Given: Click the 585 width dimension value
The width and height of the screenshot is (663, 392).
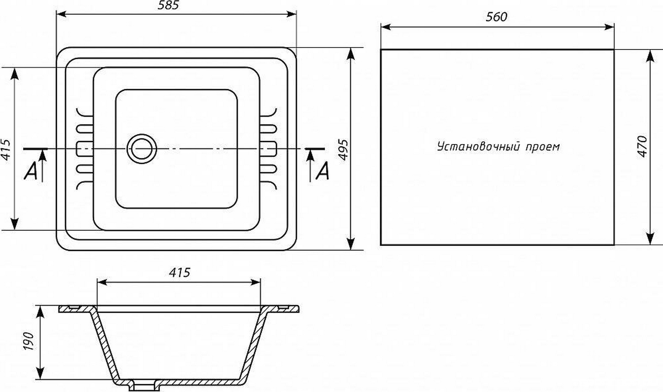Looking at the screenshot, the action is [x=168, y=5].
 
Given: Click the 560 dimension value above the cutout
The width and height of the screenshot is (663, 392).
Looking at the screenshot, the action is [x=496, y=17].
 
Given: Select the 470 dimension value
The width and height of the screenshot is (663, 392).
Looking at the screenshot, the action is [x=643, y=147].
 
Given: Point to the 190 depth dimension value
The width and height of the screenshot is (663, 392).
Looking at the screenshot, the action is [x=29, y=341].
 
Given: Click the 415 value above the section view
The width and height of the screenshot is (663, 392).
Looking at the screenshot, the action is [x=180, y=272].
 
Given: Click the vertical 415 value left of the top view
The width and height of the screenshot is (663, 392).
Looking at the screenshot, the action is [x=6, y=149].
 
